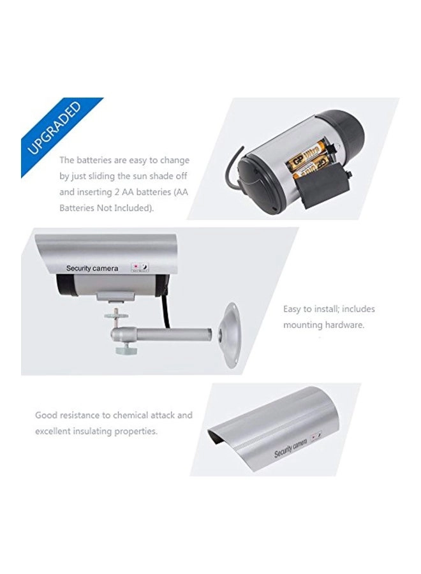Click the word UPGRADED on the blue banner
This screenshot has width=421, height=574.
tap(54, 128)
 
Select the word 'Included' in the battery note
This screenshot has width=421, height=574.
tap(127, 208)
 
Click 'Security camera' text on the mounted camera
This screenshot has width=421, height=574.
tap(92, 269)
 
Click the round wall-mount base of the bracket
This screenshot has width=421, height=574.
tap(228, 334)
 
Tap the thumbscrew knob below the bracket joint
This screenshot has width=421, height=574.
tap(122, 349)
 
